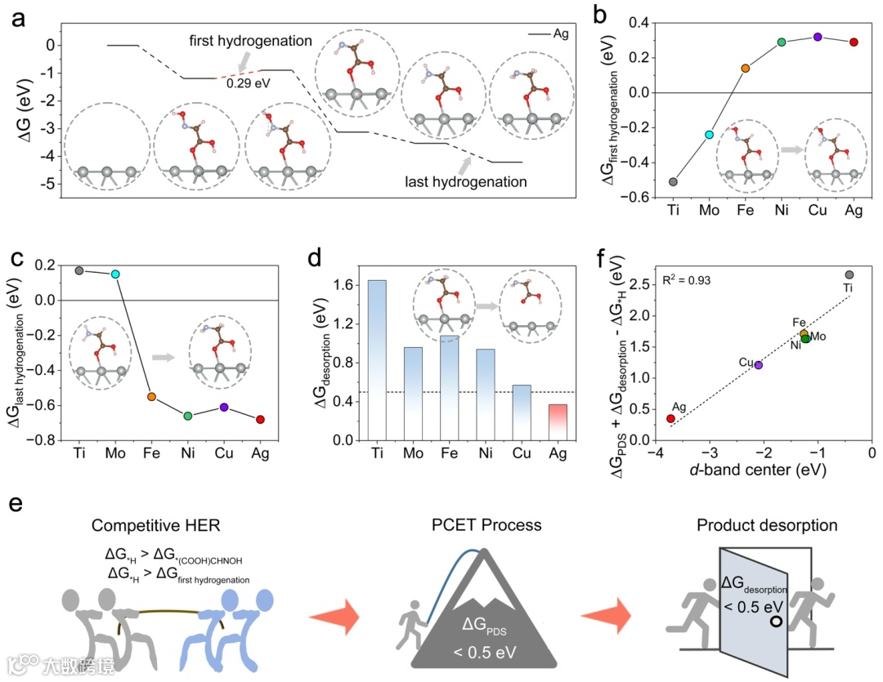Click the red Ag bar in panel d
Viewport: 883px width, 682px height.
coord(557,422)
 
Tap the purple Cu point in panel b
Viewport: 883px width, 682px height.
coord(818,37)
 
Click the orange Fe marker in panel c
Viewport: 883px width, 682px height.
coord(151,397)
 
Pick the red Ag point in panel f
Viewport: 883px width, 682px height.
coord(671,418)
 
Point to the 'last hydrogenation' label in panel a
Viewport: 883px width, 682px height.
coord(466,181)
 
